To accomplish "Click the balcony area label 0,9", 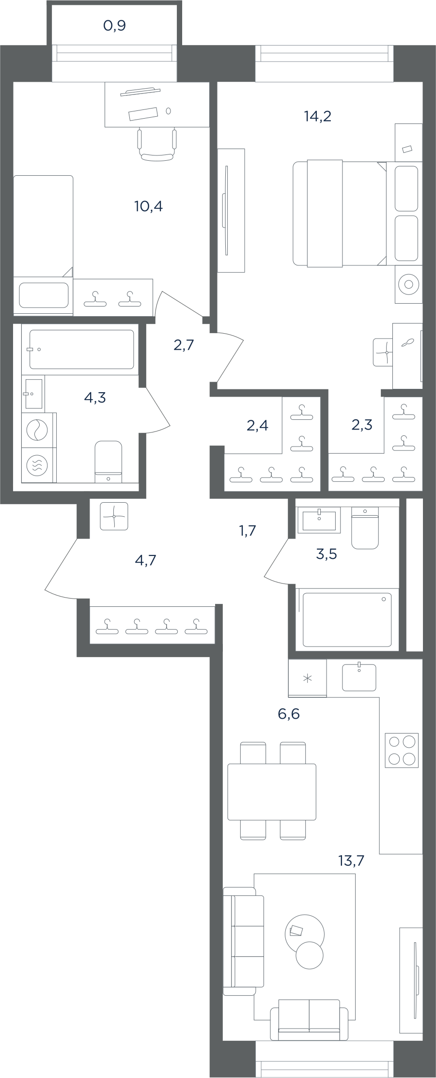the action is (115, 25).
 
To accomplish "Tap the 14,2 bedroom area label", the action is (318, 116).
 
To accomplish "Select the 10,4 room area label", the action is (148, 206).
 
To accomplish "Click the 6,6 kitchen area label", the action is (289, 714).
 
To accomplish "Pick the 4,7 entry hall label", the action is (145, 560).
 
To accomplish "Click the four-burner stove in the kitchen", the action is (402, 750).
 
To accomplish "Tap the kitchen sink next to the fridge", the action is (359, 677).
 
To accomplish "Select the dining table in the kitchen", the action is (272, 792).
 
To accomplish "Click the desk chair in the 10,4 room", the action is (156, 144).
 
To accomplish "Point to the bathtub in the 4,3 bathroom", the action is (81, 349).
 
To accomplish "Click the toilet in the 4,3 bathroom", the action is (109, 462).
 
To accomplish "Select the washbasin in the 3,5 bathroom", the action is (319, 520).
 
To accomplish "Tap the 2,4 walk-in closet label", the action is (257, 426).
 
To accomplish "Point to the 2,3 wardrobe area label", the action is (362, 425).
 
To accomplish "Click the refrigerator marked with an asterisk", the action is (307, 678).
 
